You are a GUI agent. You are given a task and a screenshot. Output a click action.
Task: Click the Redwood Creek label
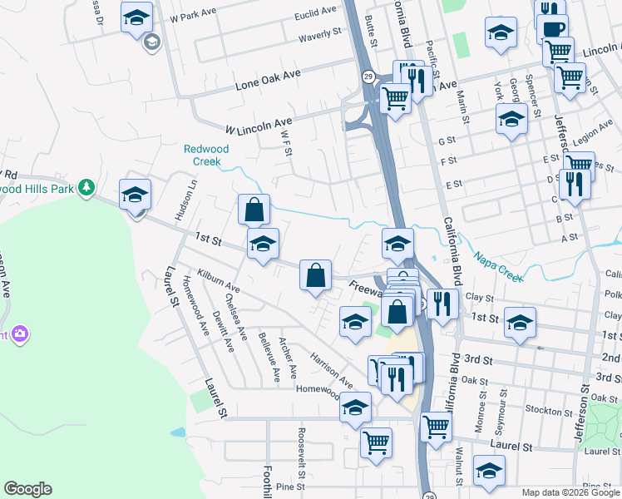point(206,155)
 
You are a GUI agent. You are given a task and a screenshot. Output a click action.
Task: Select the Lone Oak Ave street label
point(267,79)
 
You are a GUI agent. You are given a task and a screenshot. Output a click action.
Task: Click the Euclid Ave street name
point(316,14)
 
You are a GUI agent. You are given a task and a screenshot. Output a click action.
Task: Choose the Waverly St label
point(320,34)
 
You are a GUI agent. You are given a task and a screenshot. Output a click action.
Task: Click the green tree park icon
point(86,188)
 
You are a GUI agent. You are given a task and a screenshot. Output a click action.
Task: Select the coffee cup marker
point(552,30)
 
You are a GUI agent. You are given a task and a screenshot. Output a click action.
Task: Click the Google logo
point(27,489)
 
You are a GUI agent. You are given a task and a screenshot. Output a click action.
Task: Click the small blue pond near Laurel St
point(177,432)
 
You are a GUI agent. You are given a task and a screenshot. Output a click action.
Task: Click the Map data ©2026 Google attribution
point(571,492)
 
